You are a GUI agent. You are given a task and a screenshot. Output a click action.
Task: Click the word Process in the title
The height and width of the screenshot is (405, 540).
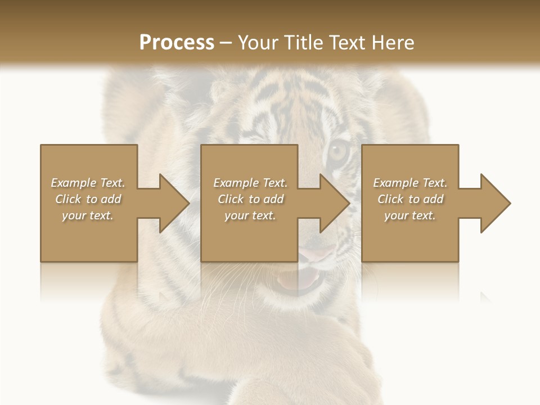pyautogui.click(x=177, y=42)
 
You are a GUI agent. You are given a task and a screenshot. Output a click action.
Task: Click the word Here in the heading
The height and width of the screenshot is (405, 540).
pyautogui.click(x=394, y=42)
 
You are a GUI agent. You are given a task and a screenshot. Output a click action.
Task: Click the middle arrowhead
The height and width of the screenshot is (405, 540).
pyautogui.click(x=332, y=203)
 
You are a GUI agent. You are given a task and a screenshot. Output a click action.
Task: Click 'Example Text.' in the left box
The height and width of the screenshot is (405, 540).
pyautogui.click(x=88, y=183)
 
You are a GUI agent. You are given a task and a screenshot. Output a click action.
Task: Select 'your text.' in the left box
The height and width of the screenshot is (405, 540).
pyautogui.click(x=88, y=215)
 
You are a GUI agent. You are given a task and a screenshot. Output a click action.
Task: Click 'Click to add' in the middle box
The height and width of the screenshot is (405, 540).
pyautogui.click(x=250, y=199)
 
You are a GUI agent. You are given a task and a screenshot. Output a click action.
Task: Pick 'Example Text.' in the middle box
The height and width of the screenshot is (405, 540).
pyautogui.click(x=250, y=183)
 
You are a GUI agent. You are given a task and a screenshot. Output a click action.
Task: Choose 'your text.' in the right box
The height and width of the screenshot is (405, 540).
pyautogui.click(x=410, y=215)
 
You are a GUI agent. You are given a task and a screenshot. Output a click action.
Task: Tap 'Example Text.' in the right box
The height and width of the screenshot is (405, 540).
pyautogui.click(x=410, y=183)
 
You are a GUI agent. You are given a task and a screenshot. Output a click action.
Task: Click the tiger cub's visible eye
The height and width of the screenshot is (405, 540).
pyautogui.click(x=338, y=151)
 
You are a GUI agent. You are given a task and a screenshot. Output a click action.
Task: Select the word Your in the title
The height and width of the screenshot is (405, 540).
pyautogui.click(x=258, y=42)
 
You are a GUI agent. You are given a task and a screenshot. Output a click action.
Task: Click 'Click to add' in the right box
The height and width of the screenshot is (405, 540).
pyautogui.click(x=410, y=199)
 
